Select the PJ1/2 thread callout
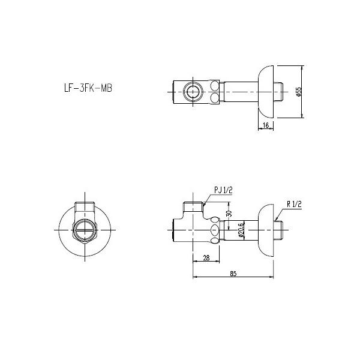223,190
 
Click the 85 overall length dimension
233,274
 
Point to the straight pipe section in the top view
240,91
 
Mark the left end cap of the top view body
175,91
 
